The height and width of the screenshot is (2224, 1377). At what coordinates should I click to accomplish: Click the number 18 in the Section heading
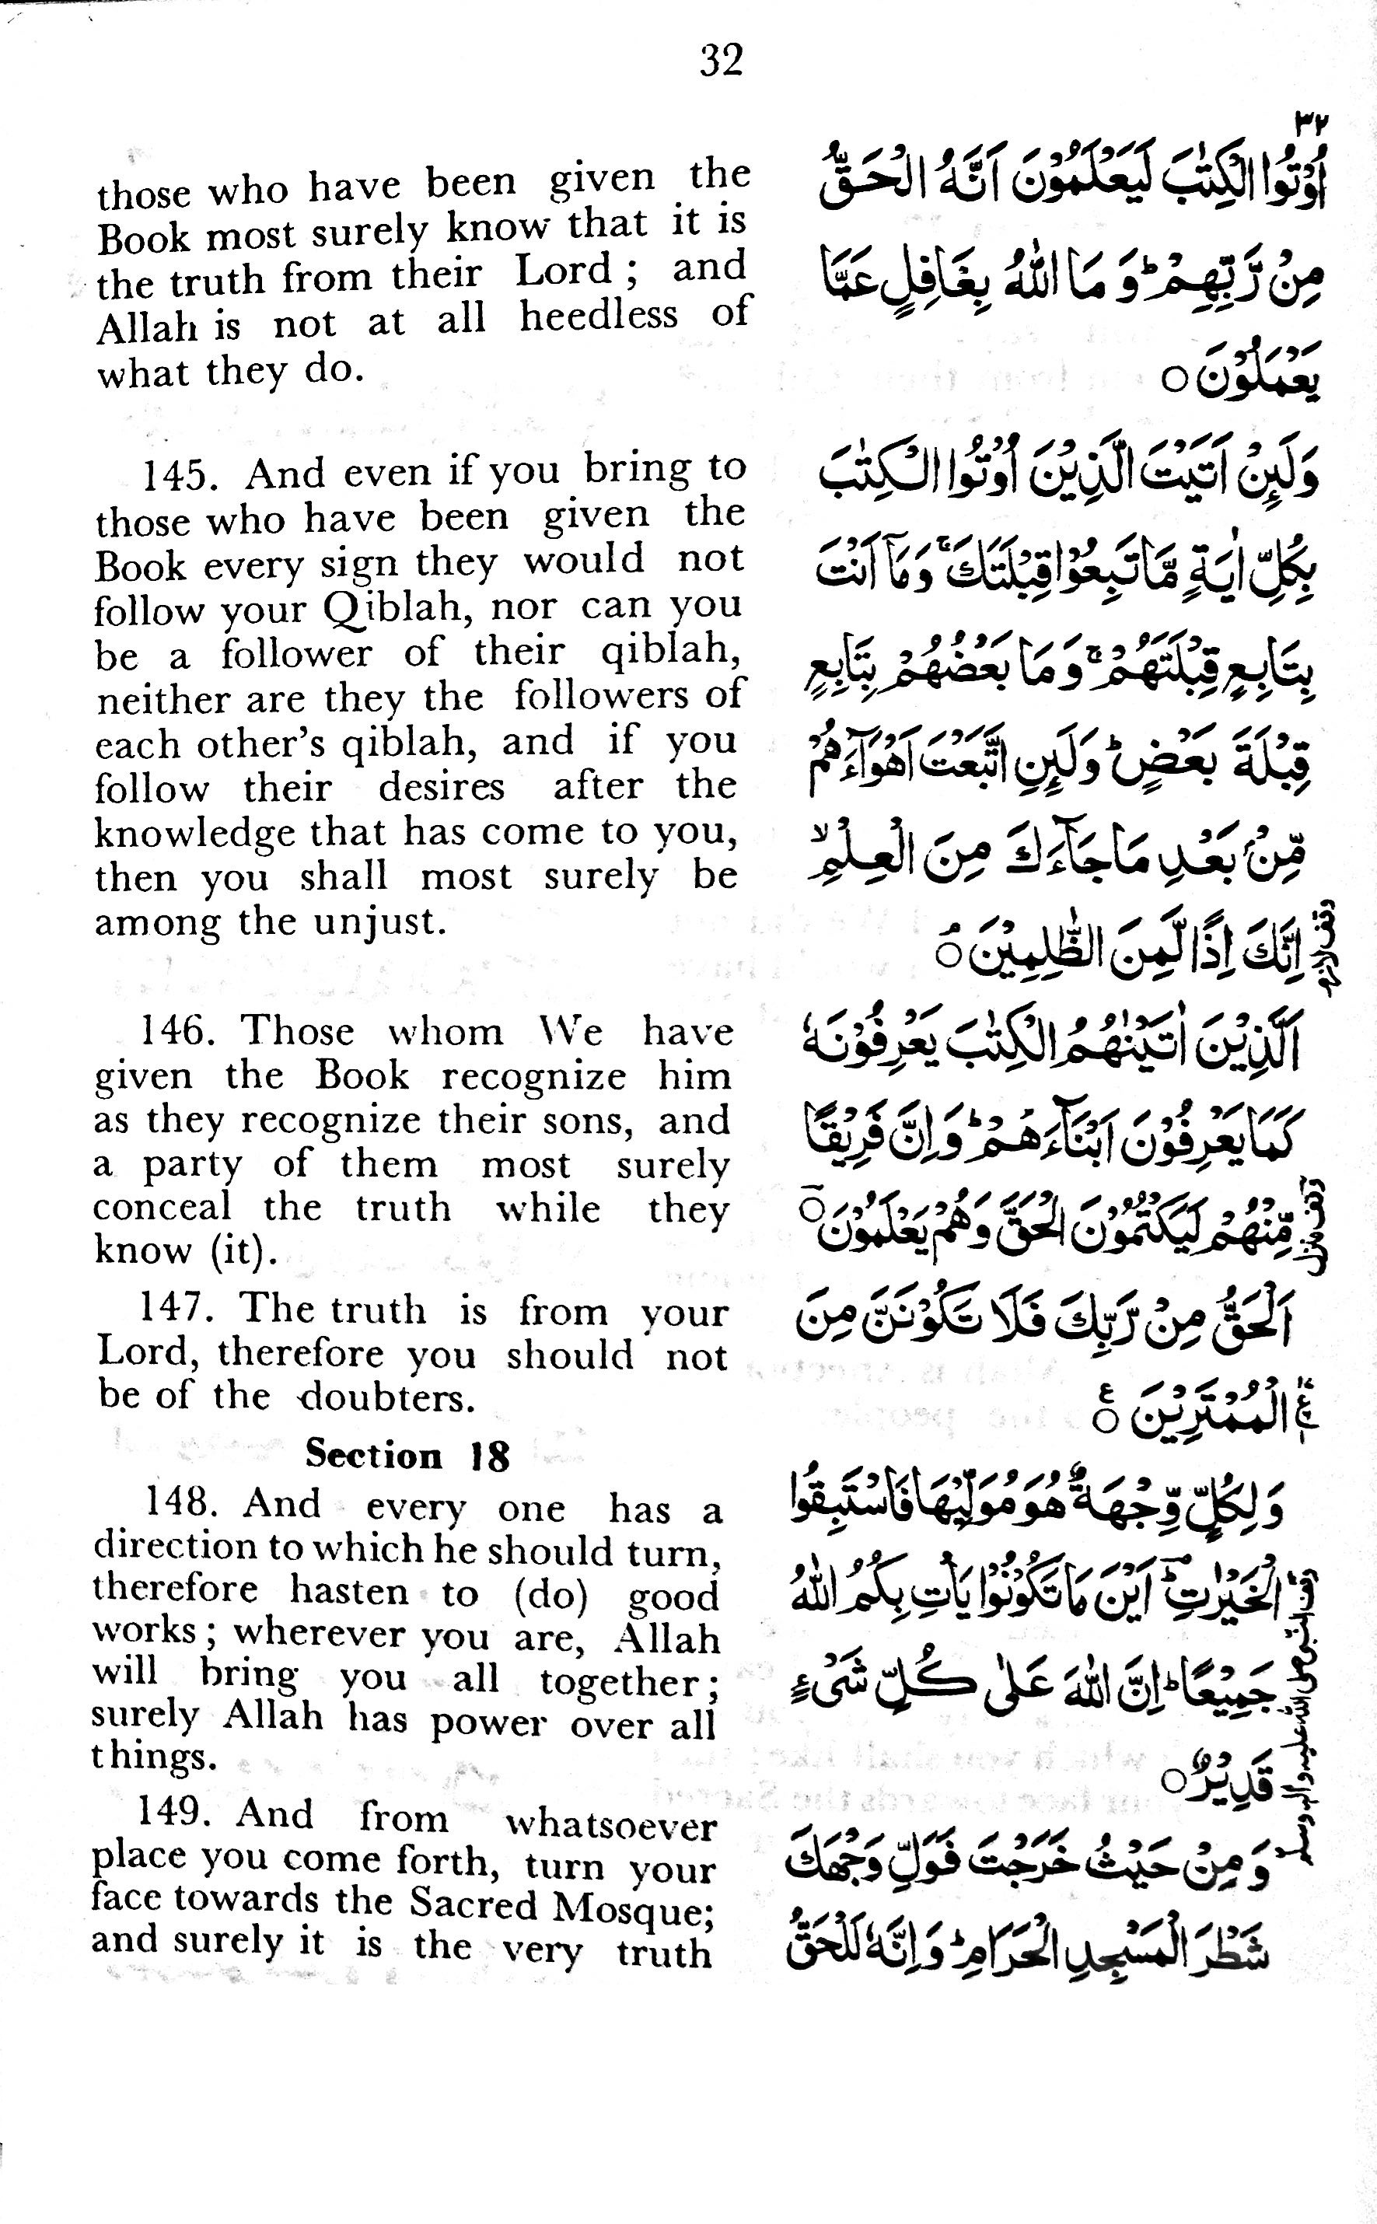489,1456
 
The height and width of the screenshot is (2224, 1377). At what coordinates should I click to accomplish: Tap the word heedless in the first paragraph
599,315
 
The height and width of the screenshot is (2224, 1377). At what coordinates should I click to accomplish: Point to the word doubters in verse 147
388,1397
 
